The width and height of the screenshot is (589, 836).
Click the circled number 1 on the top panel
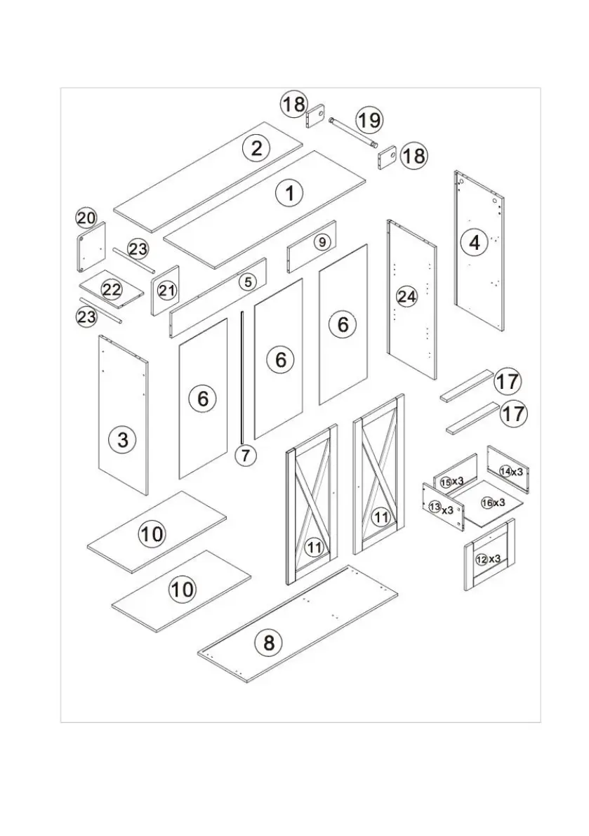[289, 192]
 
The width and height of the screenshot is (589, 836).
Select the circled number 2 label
[256, 148]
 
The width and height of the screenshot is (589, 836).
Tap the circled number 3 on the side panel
[123, 440]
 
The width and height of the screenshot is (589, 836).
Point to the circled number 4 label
[475, 242]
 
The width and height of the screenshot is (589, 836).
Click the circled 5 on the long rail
[248, 282]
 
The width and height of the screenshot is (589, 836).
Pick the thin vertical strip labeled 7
[242, 379]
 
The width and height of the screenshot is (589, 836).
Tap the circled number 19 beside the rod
[369, 120]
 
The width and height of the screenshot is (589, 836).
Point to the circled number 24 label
[406, 296]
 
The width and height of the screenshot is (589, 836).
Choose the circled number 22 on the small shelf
[112, 289]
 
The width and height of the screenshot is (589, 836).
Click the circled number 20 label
[86, 218]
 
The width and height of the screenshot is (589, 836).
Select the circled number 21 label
[166, 290]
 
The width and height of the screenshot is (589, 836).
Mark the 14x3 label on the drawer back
[511, 472]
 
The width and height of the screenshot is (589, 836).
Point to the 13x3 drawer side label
[441, 508]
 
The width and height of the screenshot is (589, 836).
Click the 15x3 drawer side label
[452, 482]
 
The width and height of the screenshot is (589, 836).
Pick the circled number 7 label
[245, 455]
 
